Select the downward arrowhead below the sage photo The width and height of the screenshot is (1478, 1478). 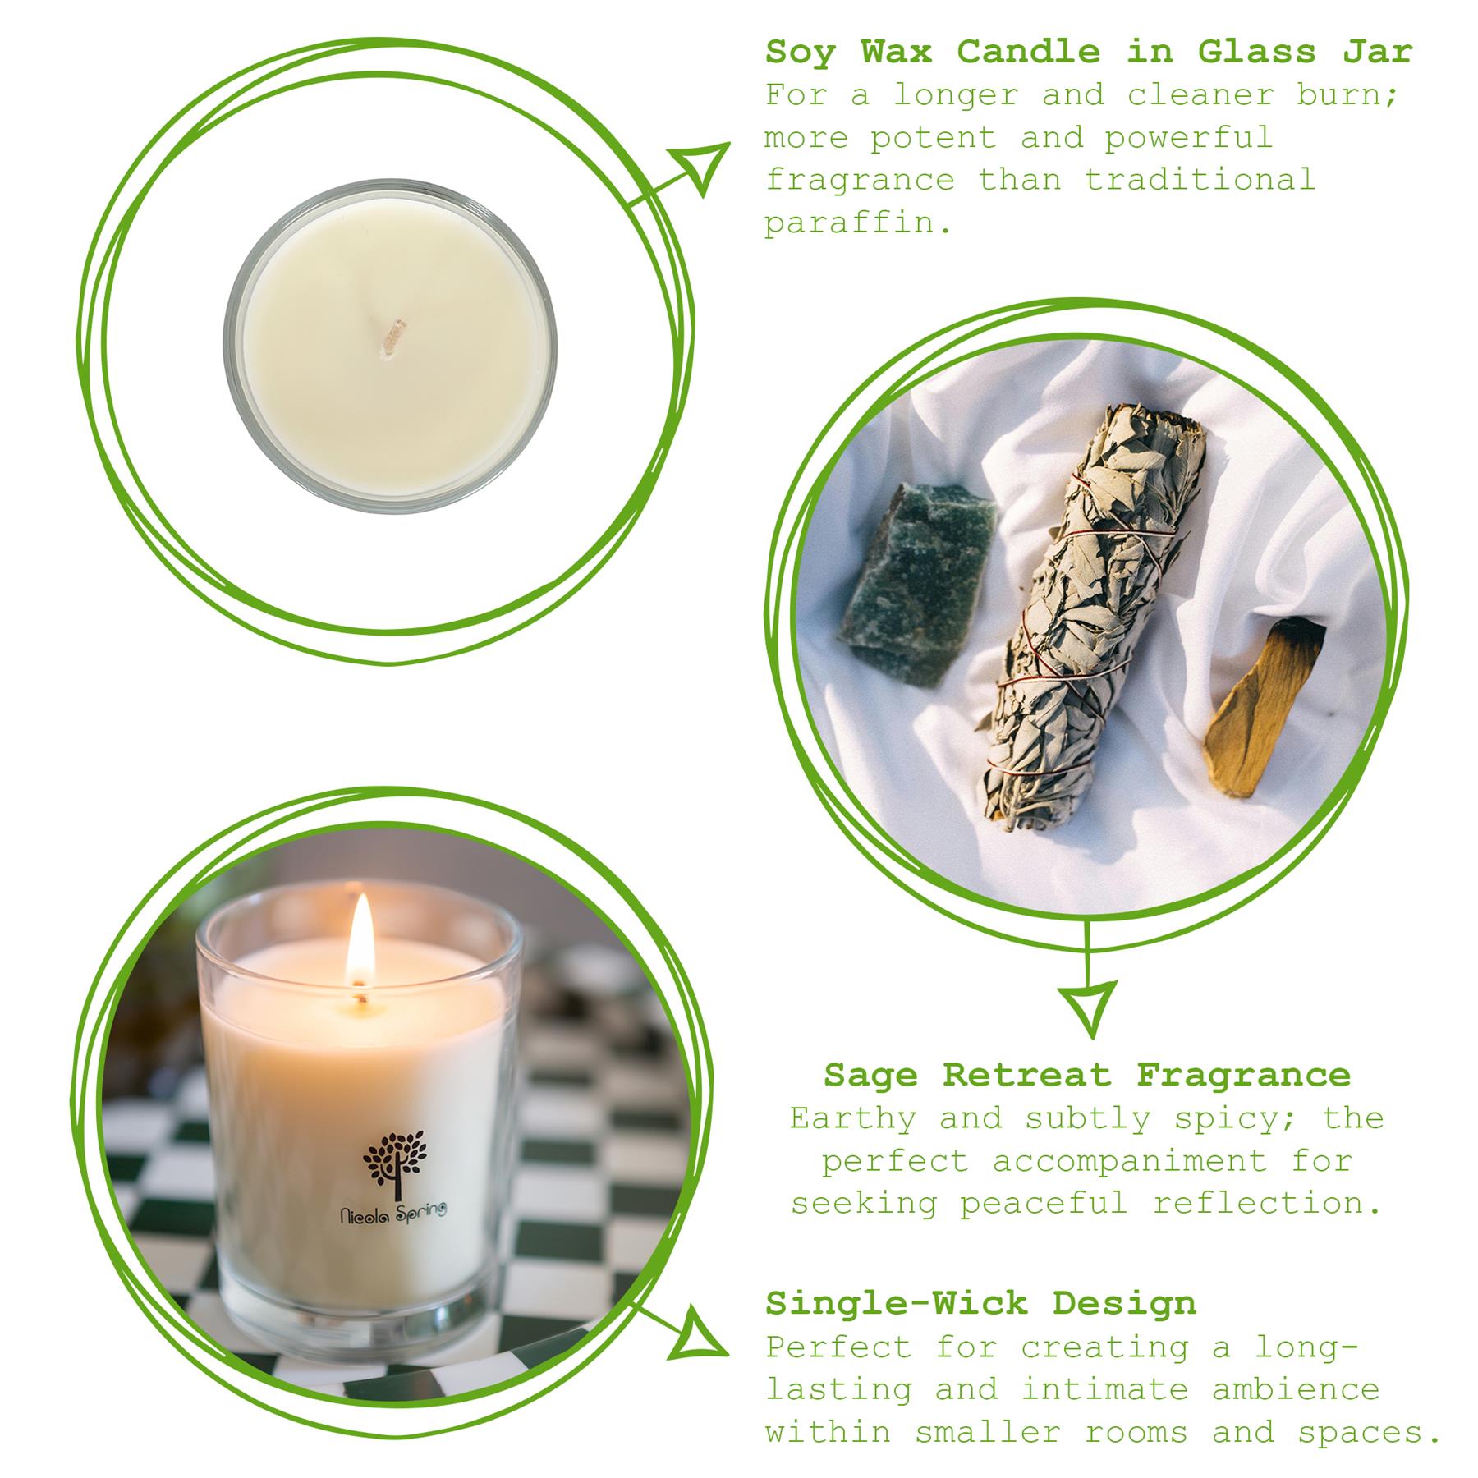[x=1087, y=1007]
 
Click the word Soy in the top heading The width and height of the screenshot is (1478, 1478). [x=800, y=53]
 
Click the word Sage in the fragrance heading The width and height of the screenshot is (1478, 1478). [x=870, y=1075]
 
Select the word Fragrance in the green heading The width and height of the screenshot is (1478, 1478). [x=1243, y=1075]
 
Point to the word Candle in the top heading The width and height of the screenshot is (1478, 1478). [x=1028, y=53]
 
